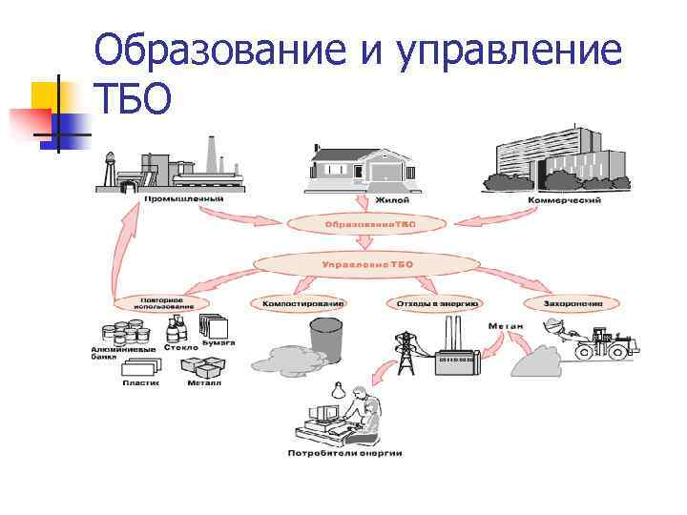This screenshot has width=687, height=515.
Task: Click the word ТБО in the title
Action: click(x=134, y=97)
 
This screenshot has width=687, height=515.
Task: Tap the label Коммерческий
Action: click(x=564, y=201)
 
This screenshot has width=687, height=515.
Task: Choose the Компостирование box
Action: click(x=298, y=303)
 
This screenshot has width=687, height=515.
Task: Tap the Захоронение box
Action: click(x=573, y=303)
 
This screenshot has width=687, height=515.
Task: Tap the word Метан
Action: click(x=506, y=325)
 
